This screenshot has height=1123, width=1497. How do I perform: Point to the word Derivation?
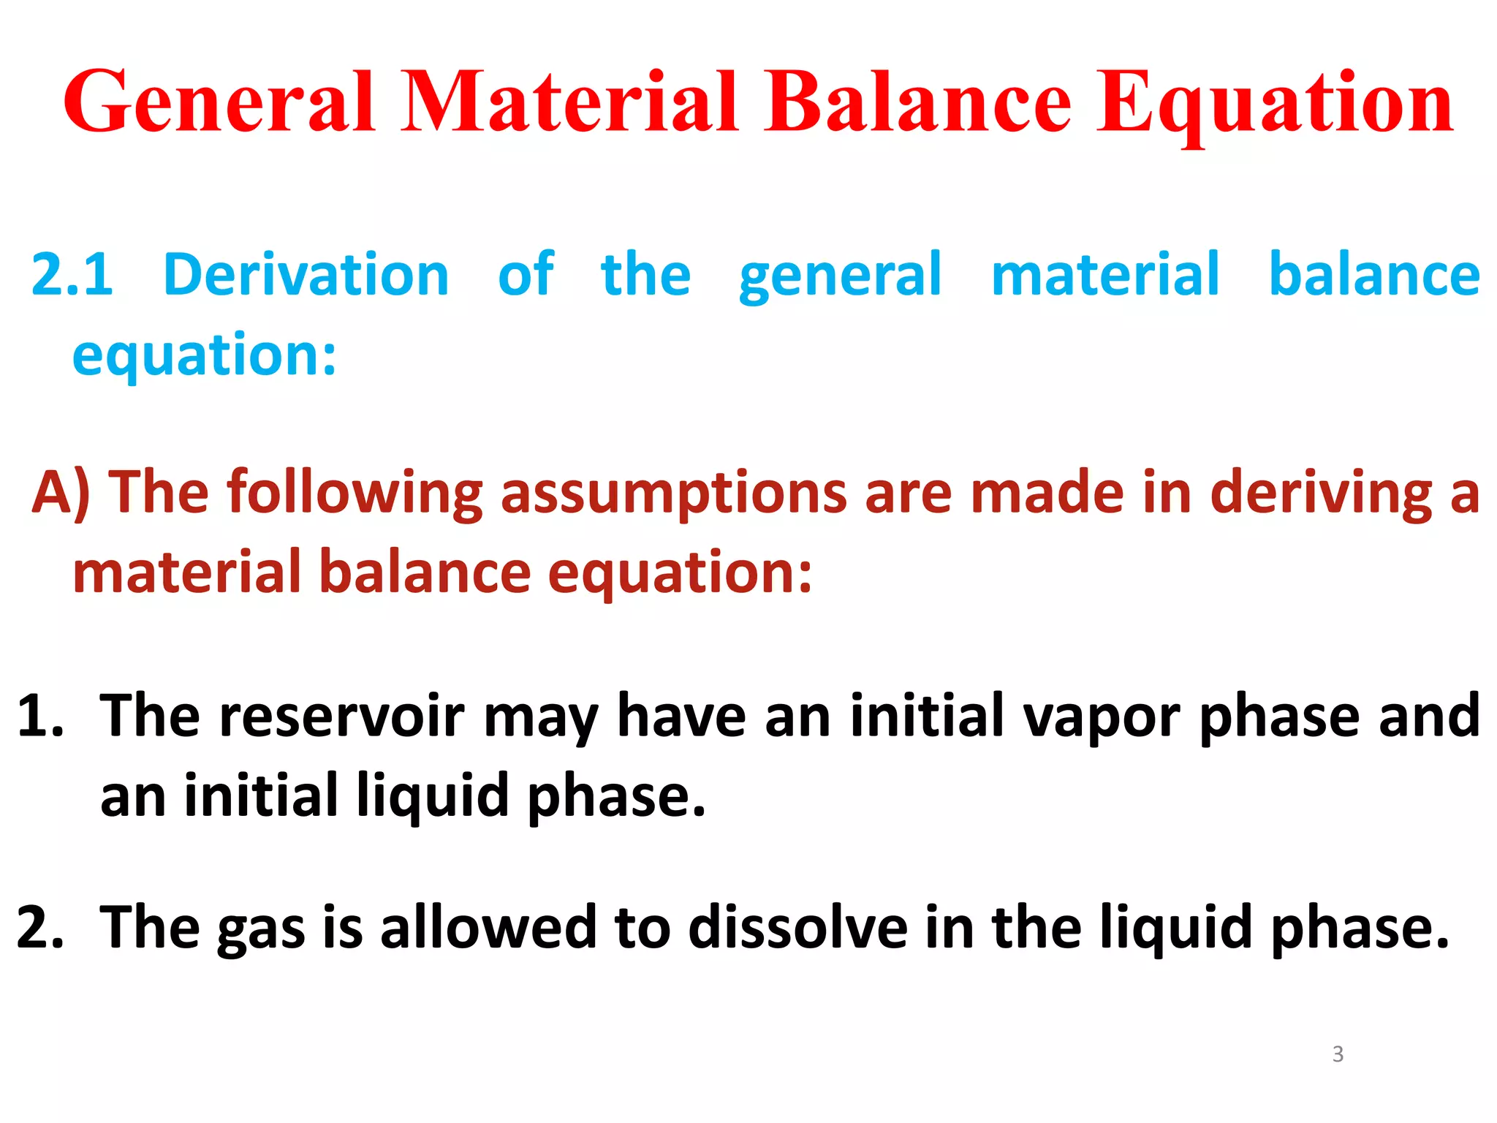click(306, 275)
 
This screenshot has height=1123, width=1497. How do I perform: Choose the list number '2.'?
click(41, 928)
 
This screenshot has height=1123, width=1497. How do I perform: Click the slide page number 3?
click(1338, 1054)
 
